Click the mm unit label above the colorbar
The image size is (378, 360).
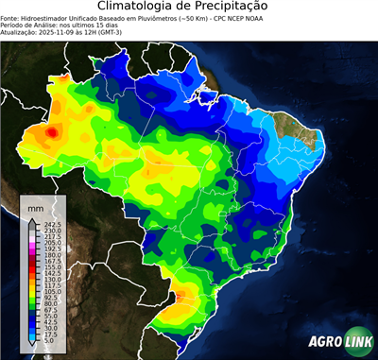(35, 206)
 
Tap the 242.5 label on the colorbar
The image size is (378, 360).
(52, 224)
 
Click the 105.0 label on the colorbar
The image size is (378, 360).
(52, 292)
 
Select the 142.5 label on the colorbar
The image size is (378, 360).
(52, 273)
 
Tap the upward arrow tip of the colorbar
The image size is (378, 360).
(31, 219)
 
